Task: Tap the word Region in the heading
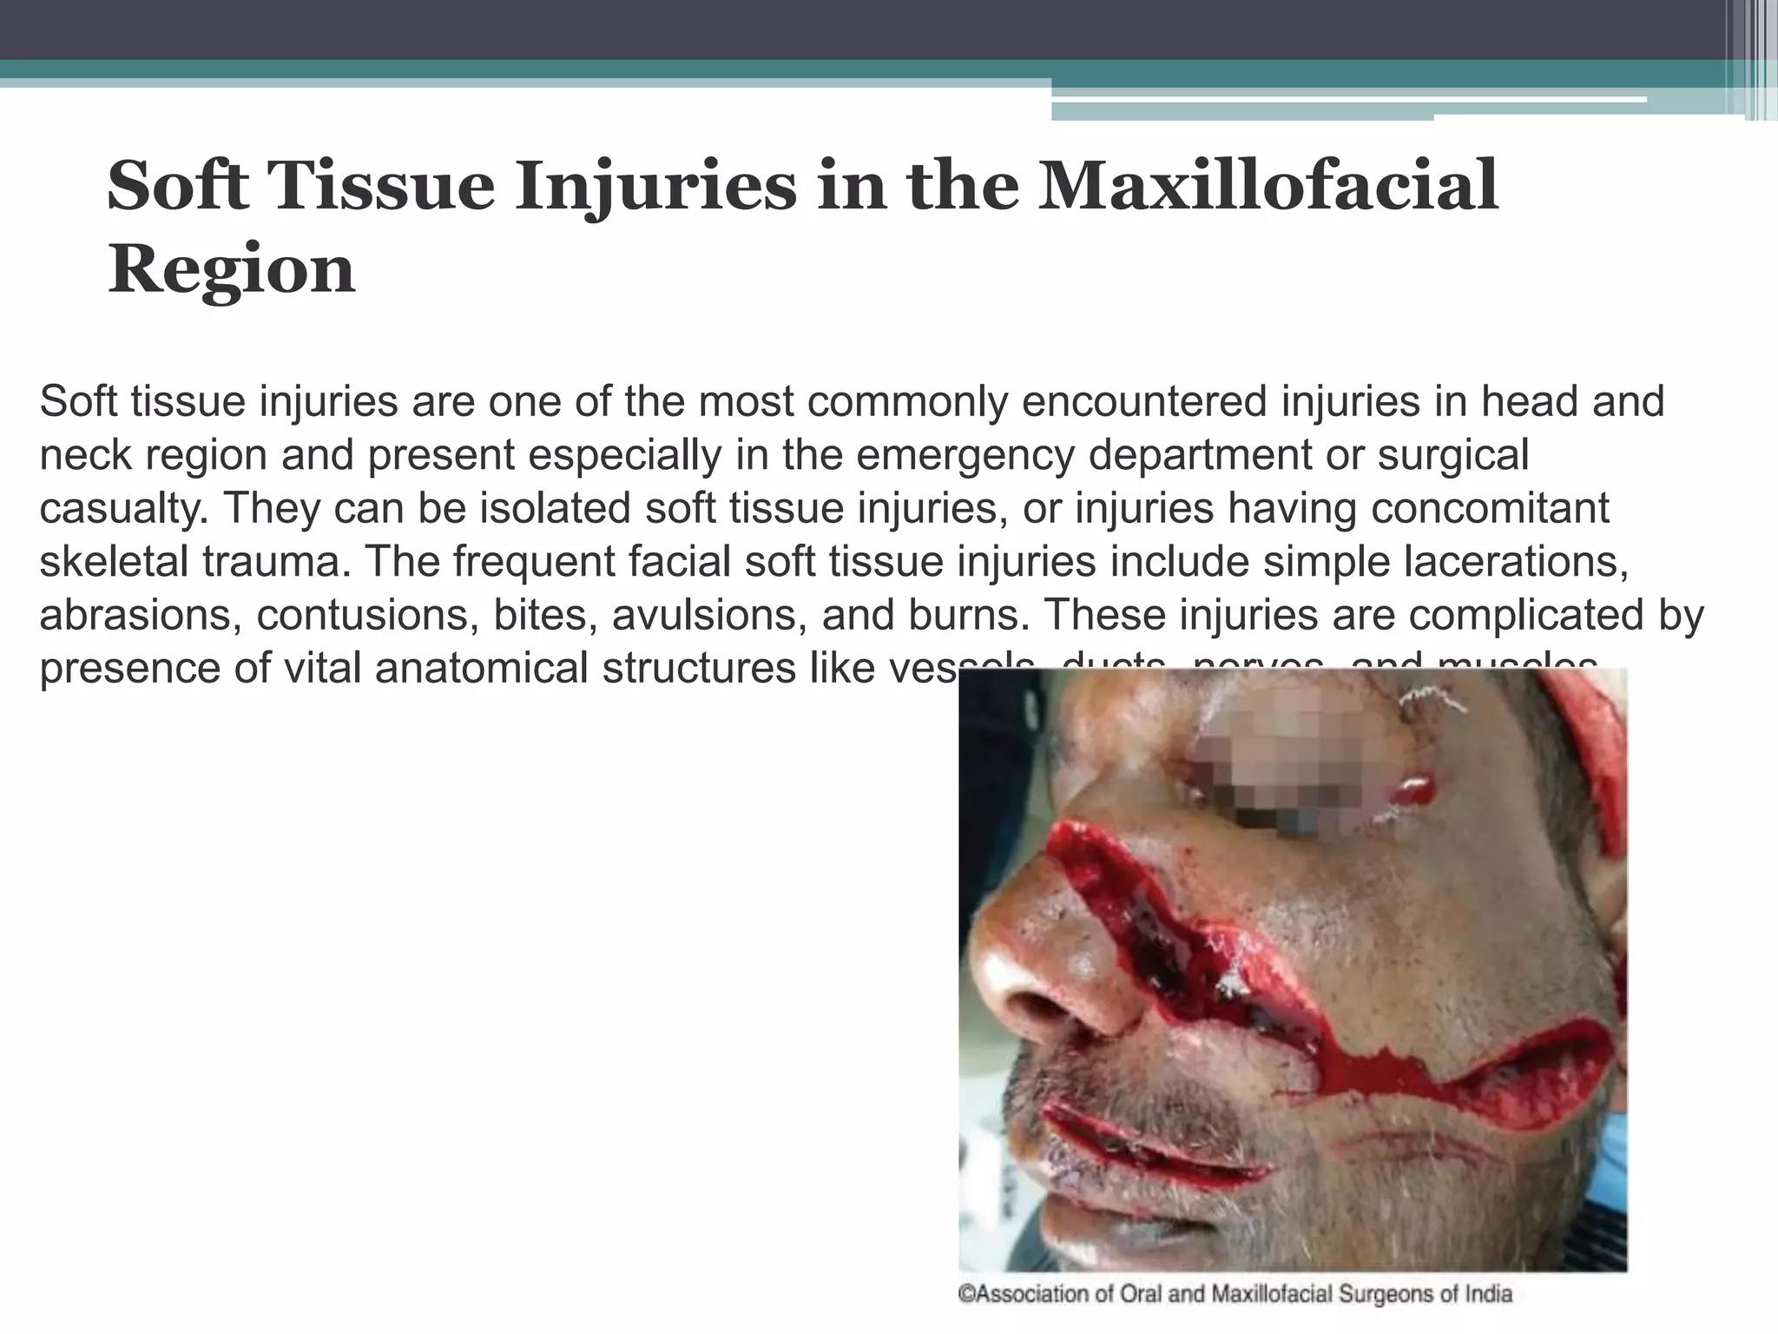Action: coord(231,269)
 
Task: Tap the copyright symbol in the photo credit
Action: coord(965,1295)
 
